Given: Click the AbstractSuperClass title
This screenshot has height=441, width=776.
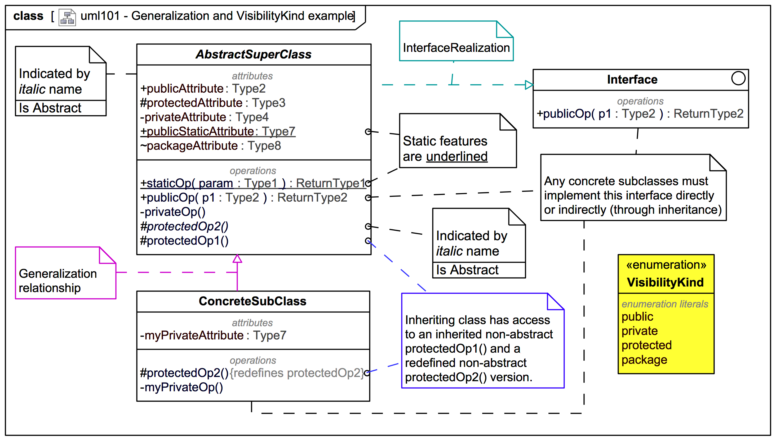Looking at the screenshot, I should (x=253, y=54).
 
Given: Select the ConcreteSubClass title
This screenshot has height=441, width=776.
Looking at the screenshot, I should (x=252, y=301).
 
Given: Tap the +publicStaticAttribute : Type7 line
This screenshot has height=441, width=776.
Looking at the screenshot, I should (x=218, y=131).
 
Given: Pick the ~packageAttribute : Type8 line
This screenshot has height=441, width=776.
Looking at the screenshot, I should (x=210, y=146).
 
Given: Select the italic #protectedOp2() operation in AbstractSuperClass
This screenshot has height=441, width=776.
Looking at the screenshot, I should (x=184, y=226).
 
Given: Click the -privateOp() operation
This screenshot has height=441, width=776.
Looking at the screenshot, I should (x=173, y=212).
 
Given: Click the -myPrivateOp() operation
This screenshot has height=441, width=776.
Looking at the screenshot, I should (x=181, y=387).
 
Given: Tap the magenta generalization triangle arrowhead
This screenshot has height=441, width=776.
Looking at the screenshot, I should (x=237, y=259).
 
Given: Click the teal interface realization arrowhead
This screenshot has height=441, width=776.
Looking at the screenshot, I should (x=529, y=85).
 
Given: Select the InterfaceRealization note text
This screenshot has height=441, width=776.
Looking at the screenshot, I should (x=456, y=48).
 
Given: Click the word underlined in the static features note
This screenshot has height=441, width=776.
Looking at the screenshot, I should (x=456, y=157).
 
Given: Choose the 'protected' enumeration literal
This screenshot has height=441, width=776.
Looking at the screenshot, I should (x=646, y=345).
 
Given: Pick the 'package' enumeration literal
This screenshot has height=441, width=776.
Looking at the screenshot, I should (x=644, y=360).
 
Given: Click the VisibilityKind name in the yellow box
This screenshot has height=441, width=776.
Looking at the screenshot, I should (x=665, y=282).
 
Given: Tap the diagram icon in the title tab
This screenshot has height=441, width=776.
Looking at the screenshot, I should (x=67, y=17).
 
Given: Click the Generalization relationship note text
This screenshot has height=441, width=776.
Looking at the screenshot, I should (x=57, y=280).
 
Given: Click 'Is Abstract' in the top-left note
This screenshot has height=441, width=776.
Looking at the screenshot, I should (x=50, y=108).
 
